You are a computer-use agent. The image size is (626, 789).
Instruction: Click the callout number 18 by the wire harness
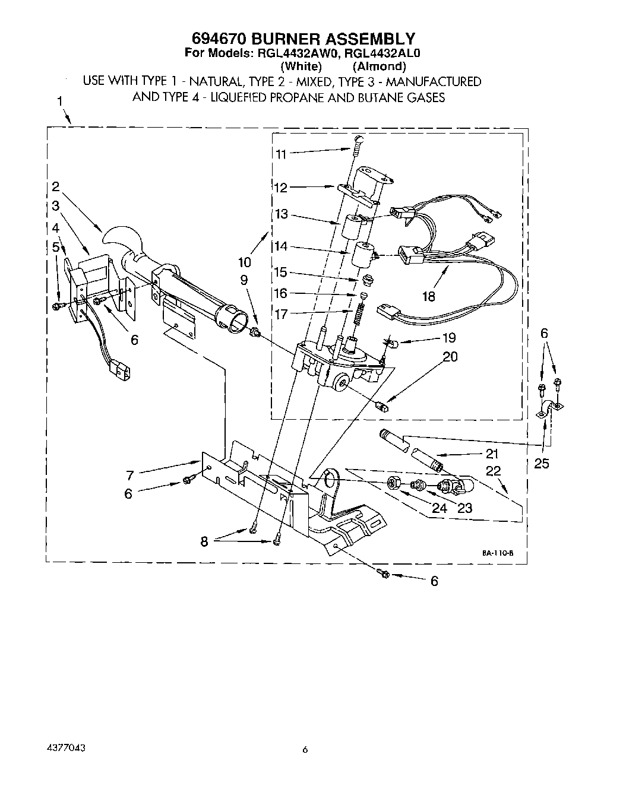click(429, 296)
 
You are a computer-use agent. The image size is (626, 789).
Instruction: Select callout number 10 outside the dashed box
click(245, 261)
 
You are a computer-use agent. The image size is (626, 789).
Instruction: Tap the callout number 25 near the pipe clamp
click(541, 464)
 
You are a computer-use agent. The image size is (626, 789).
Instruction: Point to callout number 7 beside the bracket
click(130, 474)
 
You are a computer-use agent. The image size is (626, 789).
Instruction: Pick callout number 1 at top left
click(60, 102)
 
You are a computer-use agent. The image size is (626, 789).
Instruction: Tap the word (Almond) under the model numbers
click(379, 66)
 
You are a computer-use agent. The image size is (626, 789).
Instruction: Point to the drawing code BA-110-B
click(498, 553)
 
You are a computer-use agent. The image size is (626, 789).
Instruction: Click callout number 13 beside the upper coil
click(281, 214)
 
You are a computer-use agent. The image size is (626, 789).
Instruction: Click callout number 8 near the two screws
click(205, 541)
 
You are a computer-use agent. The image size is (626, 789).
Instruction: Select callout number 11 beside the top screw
click(281, 154)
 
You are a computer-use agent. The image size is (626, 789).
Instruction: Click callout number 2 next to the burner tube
click(55, 186)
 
